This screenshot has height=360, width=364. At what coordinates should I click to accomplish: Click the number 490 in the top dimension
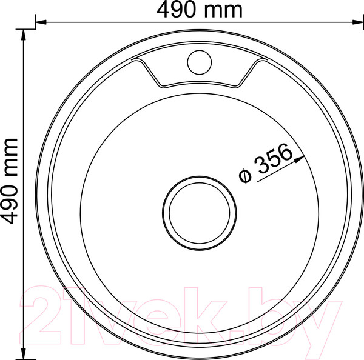pyautogui.click(x=176, y=10)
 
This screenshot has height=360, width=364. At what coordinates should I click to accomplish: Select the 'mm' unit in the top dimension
pyautogui.click(x=223, y=12)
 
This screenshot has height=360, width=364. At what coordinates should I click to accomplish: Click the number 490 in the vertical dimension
pyautogui.click(x=9, y=204)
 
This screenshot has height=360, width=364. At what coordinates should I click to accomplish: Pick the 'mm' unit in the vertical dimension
pyautogui.click(x=11, y=158)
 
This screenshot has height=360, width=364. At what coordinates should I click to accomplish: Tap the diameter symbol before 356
pyautogui.click(x=245, y=176)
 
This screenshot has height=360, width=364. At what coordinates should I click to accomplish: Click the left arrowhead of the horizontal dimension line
pyautogui.click(x=41, y=22)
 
